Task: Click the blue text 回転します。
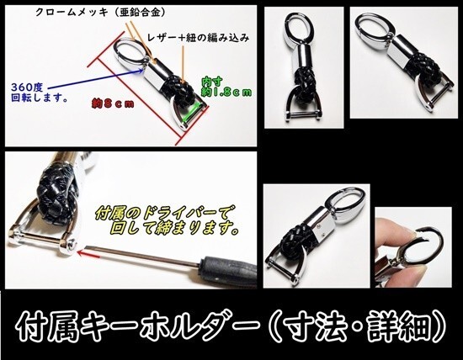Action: point(34,97)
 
